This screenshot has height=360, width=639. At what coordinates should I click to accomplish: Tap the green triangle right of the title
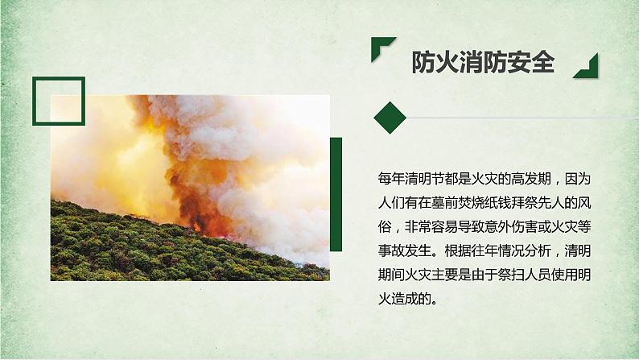(x=587, y=68)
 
